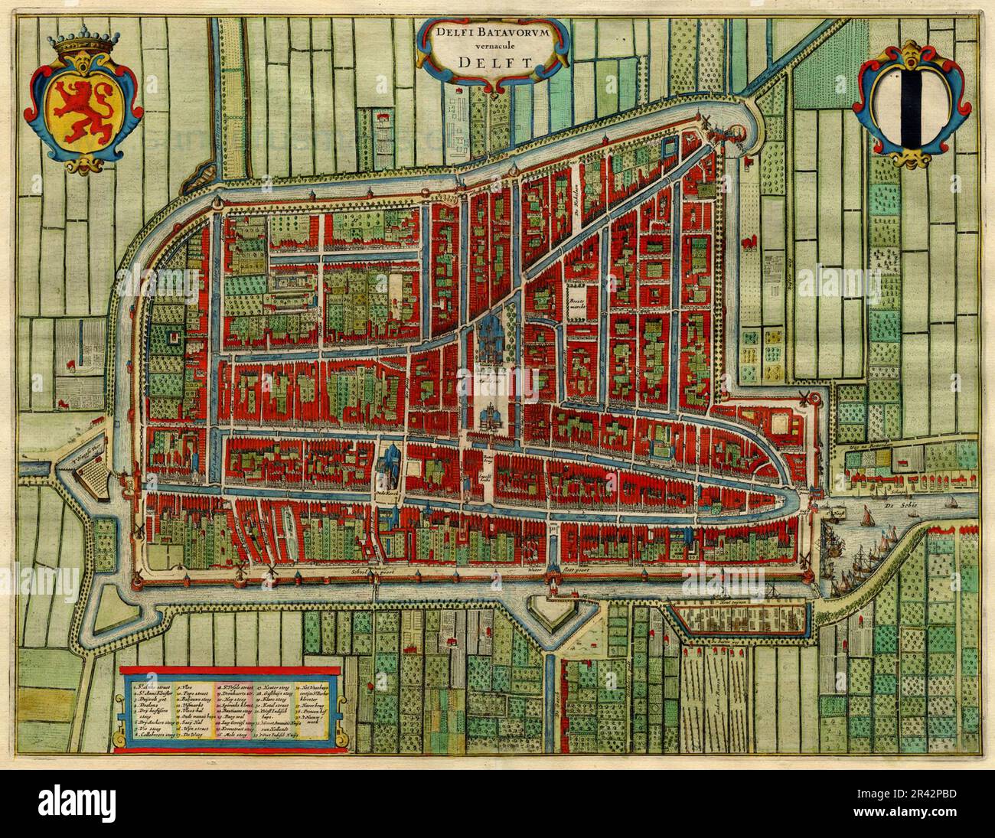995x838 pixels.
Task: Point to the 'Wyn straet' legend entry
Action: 194,732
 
